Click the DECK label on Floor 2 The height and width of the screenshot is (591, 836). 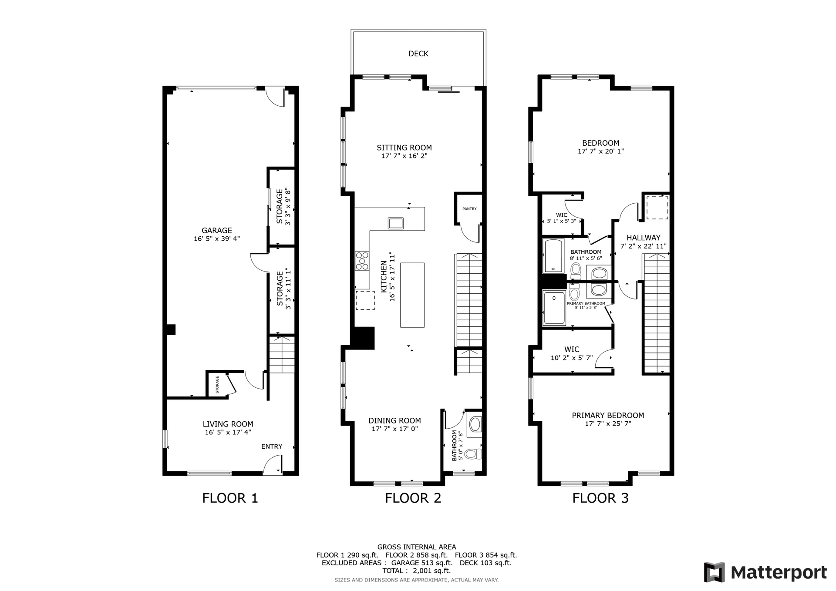pyautogui.click(x=418, y=54)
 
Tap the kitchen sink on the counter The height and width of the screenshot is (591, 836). pyautogui.click(x=395, y=223)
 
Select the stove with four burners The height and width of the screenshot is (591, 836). pyautogui.click(x=362, y=261)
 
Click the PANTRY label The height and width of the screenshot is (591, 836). pyautogui.click(x=469, y=209)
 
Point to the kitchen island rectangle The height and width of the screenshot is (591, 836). pyautogui.click(x=412, y=295)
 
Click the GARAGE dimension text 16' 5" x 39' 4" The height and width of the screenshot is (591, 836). pyautogui.click(x=216, y=239)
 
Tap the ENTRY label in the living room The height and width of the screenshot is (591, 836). pyautogui.click(x=272, y=446)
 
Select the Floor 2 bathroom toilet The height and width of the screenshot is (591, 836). pyautogui.click(x=472, y=454)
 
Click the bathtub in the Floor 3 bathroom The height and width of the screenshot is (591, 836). pyautogui.click(x=553, y=256)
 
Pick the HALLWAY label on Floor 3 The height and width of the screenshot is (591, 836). pyautogui.click(x=643, y=238)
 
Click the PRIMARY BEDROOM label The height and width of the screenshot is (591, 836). pyautogui.click(x=607, y=415)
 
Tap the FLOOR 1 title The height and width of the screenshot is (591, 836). pyautogui.click(x=230, y=498)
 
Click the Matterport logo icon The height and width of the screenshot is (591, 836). pyautogui.click(x=714, y=572)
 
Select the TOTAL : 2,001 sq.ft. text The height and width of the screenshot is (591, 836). pyautogui.click(x=416, y=571)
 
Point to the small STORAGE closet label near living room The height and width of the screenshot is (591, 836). pyautogui.click(x=217, y=384)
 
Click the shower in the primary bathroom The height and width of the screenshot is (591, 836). pyautogui.click(x=554, y=308)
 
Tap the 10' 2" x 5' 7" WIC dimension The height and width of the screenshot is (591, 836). pyautogui.click(x=571, y=358)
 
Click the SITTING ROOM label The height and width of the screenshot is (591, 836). pyautogui.click(x=404, y=148)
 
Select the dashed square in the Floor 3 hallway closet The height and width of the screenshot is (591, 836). pyautogui.click(x=657, y=208)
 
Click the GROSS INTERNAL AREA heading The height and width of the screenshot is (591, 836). pyautogui.click(x=416, y=547)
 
